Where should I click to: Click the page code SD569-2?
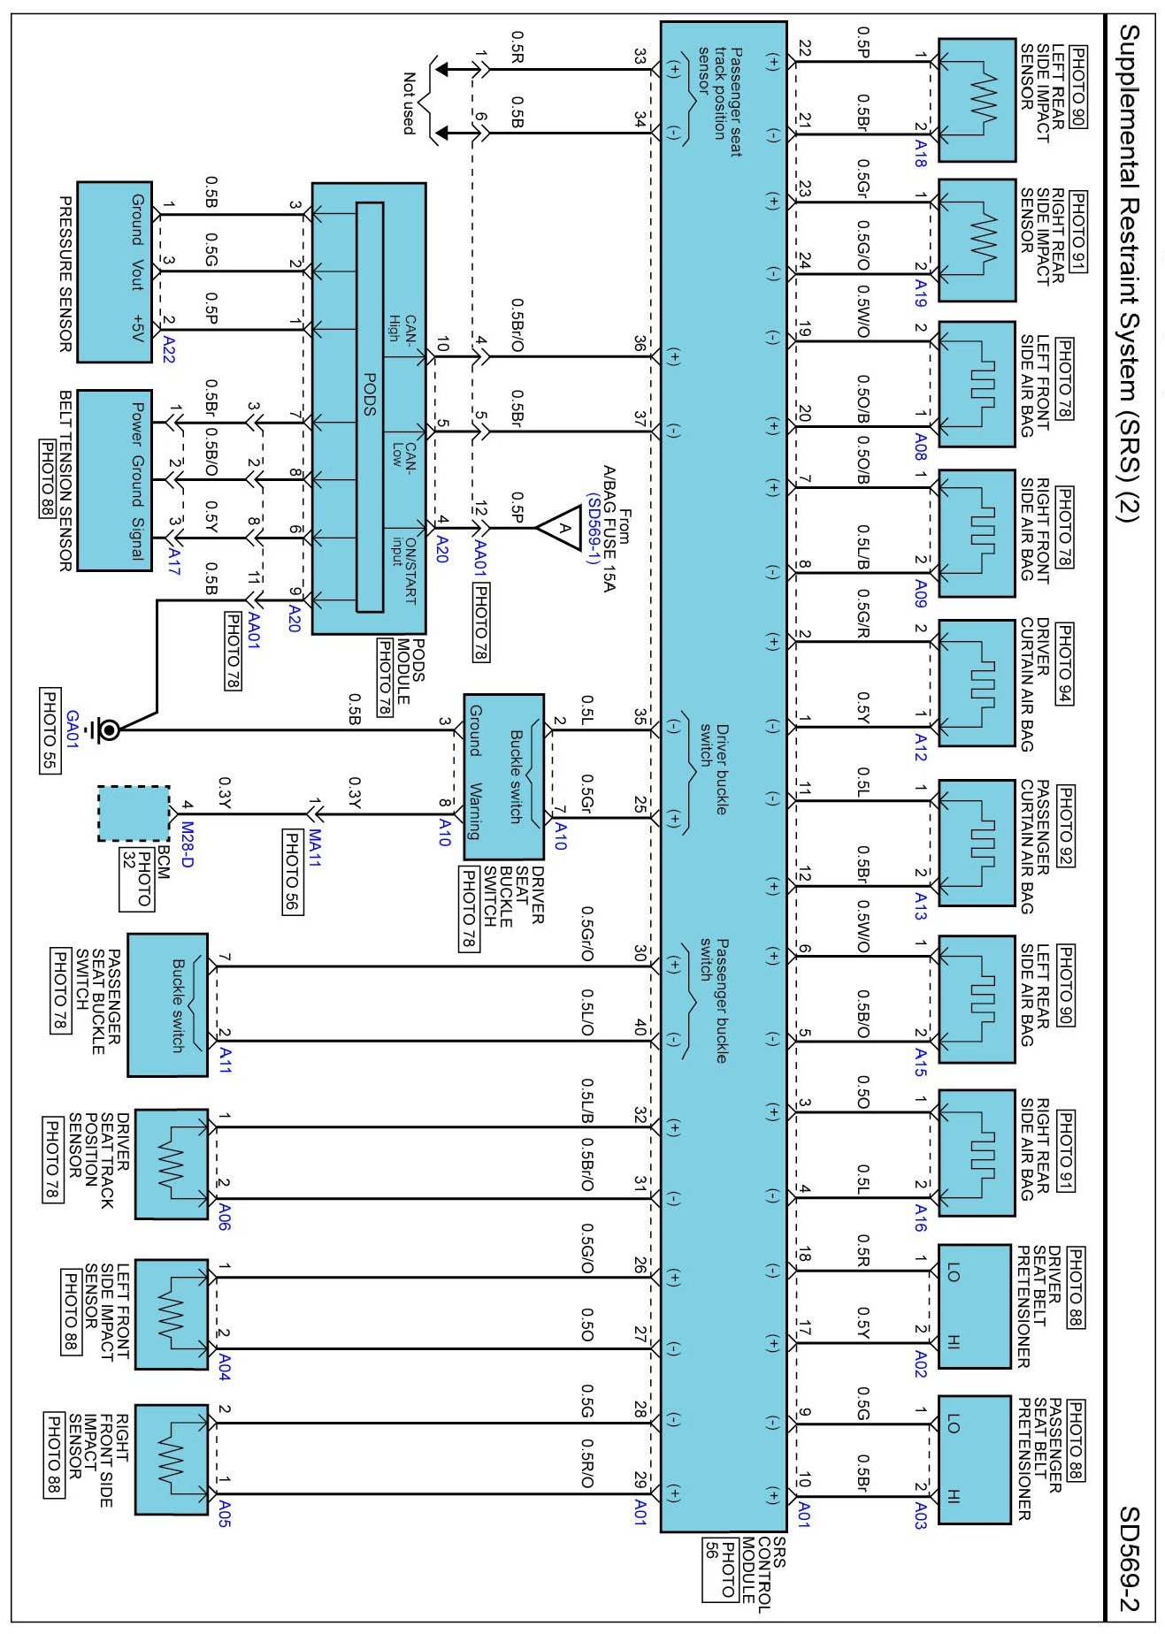(1131, 1559)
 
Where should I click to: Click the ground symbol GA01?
(110, 730)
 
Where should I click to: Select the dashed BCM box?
(133, 813)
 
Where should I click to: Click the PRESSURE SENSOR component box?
(114, 272)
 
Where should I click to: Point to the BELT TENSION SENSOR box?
(114, 480)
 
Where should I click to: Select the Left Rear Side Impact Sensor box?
(976, 99)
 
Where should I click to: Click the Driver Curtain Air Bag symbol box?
(976, 683)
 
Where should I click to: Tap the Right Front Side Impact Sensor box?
(172, 1459)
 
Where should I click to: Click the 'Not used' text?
(409, 103)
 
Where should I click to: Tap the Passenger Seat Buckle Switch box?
(168, 1004)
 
